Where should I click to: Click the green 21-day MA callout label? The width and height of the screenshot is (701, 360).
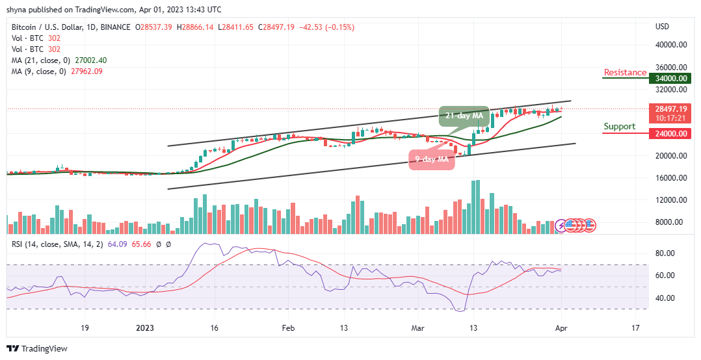tap(463, 116)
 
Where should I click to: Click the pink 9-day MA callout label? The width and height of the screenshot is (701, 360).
tap(430, 159)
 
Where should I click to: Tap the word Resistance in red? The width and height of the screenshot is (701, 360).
tap(625, 72)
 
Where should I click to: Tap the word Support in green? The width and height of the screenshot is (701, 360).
tap(619, 126)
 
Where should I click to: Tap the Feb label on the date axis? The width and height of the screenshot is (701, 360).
tap(288, 328)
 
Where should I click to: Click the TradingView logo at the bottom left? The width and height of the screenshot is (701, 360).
tap(37, 348)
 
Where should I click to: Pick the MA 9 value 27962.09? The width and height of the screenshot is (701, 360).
tap(90, 71)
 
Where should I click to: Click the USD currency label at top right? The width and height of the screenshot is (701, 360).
tap(662, 27)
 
